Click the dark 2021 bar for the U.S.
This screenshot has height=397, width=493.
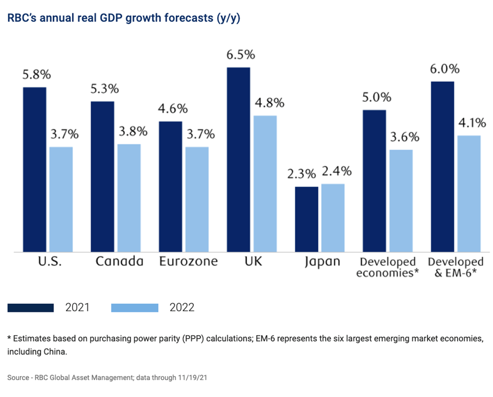[34, 169]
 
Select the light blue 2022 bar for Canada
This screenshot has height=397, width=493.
[129, 198]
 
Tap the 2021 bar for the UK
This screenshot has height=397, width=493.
[238, 159]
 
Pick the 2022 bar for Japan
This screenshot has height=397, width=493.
[333, 217]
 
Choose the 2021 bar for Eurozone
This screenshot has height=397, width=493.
[170, 186]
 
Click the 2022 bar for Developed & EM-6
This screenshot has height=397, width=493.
[469, 193]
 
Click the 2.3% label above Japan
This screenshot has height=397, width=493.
[302, 175]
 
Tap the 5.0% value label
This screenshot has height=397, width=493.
[376, 98]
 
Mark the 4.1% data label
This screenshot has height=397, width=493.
[468, 123]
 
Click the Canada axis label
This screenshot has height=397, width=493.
[119, 261]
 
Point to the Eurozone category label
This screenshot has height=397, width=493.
[188, 261]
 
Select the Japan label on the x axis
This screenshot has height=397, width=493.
[321, 262]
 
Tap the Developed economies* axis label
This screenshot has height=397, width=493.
[387, 267]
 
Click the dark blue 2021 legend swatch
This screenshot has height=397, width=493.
[31, 308]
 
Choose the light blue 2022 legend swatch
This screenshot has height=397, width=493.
[134, 308]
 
